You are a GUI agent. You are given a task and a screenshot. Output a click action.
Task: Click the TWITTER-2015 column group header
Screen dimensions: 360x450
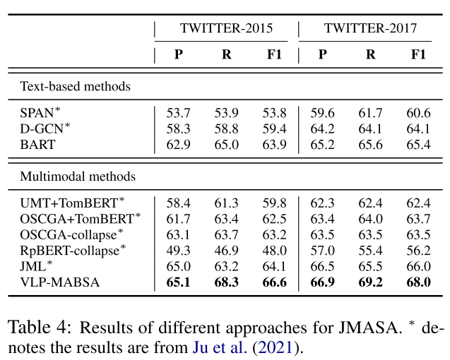point(226,29)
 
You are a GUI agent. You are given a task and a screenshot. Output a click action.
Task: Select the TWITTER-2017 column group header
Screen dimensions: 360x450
point(370,29)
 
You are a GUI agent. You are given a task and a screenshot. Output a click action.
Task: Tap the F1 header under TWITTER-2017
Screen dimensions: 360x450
point(418,54)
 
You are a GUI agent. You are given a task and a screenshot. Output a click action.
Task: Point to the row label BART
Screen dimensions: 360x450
point(37,145)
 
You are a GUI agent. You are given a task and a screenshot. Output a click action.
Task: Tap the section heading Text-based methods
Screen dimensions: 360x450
point(76,86)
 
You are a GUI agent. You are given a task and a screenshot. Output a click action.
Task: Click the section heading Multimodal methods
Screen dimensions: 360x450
point(78,176)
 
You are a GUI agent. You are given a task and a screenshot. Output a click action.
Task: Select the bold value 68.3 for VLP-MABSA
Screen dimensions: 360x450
point(225,282)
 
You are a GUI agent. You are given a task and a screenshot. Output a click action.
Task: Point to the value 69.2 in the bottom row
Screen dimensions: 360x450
point(370,282)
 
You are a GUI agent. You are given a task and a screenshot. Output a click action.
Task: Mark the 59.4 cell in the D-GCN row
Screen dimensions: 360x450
point(273,128)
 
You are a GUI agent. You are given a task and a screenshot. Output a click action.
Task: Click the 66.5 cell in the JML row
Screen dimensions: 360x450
point(322,265)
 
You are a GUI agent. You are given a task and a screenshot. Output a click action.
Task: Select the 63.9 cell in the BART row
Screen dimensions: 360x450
point(273,145)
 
